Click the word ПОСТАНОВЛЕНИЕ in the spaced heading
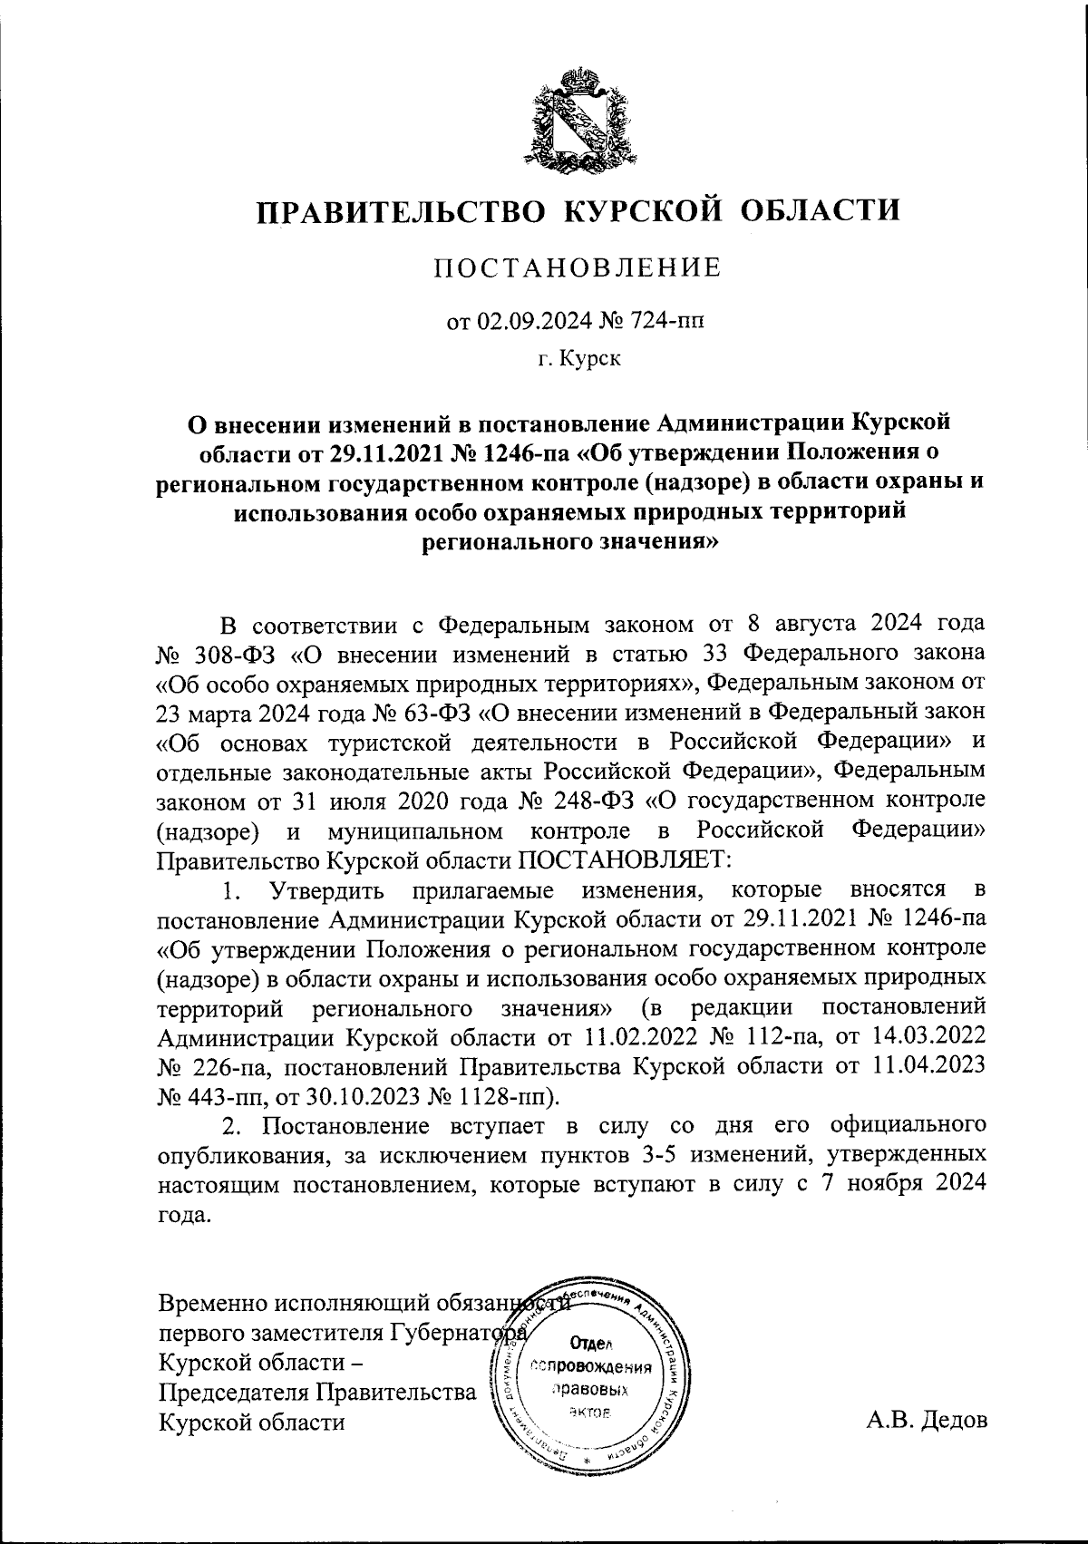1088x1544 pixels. coord(578,267)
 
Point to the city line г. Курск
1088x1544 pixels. coord(578,360)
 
